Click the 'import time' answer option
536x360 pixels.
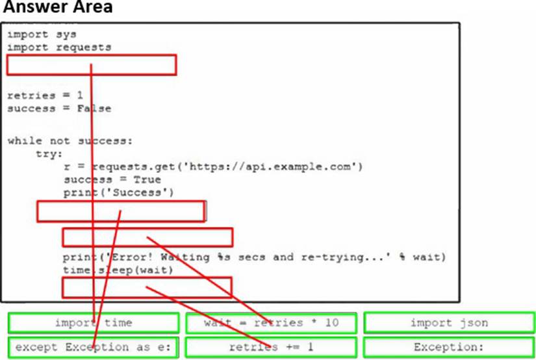point(94,323)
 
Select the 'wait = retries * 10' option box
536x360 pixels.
point(271,323)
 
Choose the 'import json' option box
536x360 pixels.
point(449,323)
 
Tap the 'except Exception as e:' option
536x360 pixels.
point(94,347)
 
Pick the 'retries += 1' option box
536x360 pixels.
point(271,347)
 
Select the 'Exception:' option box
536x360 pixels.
point(449,347)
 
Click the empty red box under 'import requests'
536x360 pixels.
point(92,65)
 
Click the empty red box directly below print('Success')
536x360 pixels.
point(121,212)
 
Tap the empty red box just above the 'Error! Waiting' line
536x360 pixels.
point(147,237)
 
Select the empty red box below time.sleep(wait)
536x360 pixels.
point(147,287)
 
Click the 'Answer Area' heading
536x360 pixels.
point(57,8)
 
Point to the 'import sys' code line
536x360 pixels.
point(38,34)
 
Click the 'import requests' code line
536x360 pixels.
point(59,47)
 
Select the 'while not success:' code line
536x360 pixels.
point(70,140)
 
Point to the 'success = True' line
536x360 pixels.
point(112,179)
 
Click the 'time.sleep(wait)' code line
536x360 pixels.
point(118,270)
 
